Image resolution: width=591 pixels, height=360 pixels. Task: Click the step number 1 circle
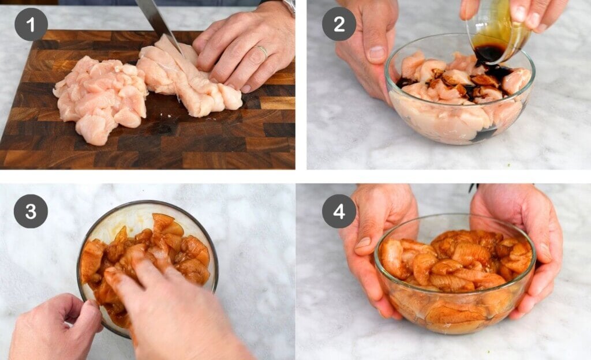[31, 24]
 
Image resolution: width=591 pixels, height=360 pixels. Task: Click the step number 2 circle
[339, 24]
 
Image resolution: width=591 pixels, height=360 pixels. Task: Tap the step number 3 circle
[31, 211]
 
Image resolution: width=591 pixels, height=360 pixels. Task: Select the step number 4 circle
[339, 211]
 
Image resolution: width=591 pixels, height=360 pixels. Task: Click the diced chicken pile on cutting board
[100, 99]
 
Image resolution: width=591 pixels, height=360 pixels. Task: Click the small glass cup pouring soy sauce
[497, 36]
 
